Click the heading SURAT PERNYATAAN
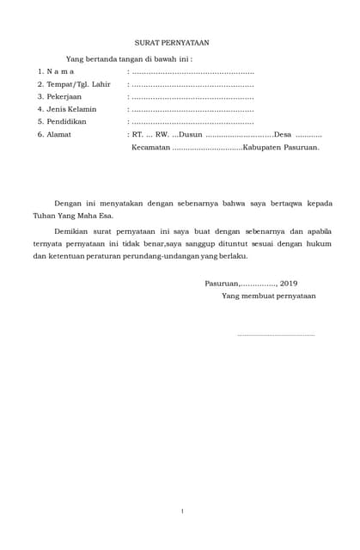(x=172, y=42)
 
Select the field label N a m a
(x=60, y=71)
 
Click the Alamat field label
(x=59, y=135)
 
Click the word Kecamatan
(x=151, y=148)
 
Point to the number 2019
(x=289, y=284)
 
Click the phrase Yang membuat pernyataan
(x=268, y=296)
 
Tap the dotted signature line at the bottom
(x=275, y=334)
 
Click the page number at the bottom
(x=182, y=511)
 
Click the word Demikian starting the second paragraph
(x=73, y=232)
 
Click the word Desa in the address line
(x=282, y=135)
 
